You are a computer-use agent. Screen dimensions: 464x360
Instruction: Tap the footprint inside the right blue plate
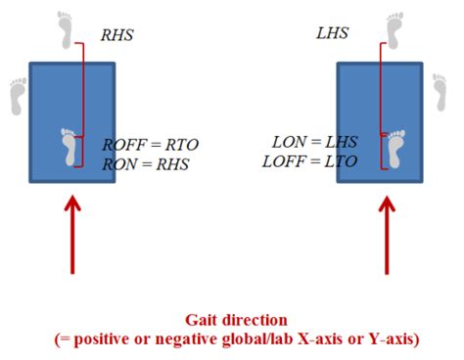tap(395, 149)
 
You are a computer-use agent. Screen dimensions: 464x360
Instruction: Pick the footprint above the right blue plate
tap(394, 29)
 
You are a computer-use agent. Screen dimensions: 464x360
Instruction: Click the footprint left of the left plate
tap(17, 95)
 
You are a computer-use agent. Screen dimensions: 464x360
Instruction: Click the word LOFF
tap(283, 160)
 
